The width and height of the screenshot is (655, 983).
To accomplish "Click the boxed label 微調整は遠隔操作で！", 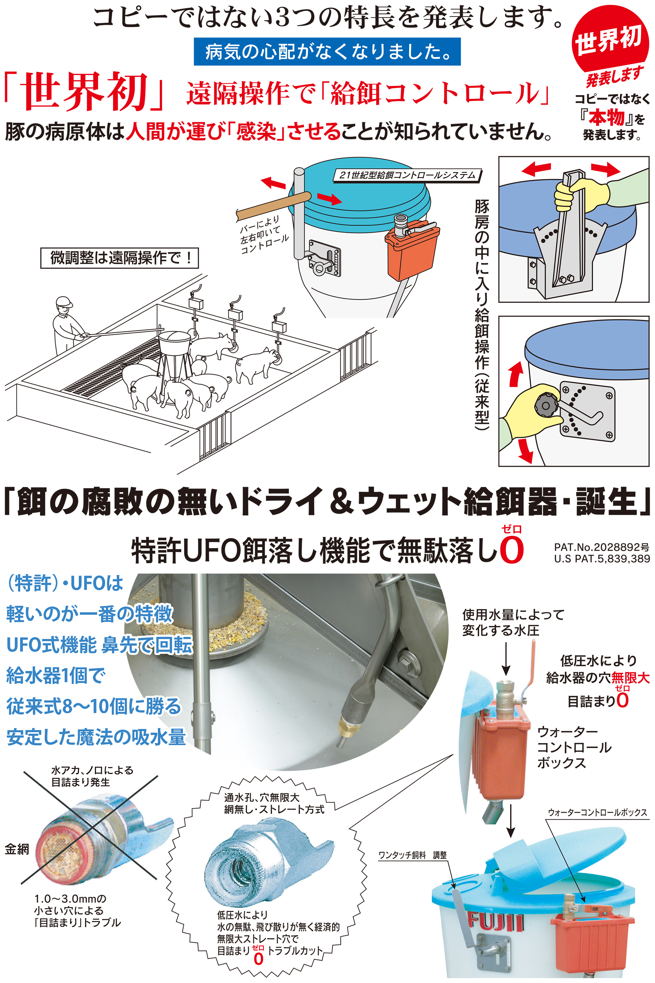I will click(x=119, y=258).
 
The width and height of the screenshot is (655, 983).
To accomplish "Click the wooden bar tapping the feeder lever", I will click(x=274, y=205).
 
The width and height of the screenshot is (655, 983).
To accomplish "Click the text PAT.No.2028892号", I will click(x=601, y=546).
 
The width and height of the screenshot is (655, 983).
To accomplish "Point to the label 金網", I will click(x=17, y=849).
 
